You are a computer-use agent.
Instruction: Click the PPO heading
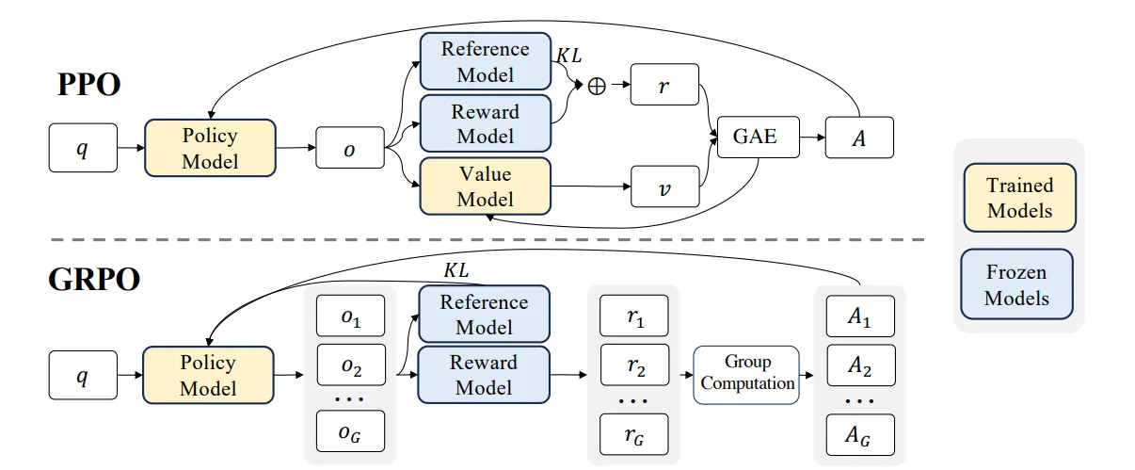pos(89,84)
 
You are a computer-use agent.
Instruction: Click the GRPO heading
pos(94,279)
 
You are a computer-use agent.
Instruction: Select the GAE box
pos(759,137)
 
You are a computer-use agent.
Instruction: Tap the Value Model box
pos(486,186)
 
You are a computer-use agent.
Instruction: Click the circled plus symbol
pos(597,86)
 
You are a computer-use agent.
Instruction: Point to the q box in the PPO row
pos(83,148)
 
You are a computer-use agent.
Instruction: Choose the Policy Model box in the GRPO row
pos(208,375)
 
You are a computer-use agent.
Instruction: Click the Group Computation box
pos(746,375)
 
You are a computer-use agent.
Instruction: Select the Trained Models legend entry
pos(1019,198)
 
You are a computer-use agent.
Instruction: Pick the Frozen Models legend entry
pos(1017,284)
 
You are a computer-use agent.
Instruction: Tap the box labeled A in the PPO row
pos(859,138)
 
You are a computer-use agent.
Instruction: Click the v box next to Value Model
pos(664,186)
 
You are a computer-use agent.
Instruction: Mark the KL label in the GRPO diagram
pos(456,270)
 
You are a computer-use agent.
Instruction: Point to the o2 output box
pos(351,365)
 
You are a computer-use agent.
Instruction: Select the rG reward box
pos(634,434)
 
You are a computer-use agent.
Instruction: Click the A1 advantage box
pos(860,316)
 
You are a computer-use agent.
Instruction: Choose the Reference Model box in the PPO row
pos(486,61)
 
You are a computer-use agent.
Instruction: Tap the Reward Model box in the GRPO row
pos(484,375)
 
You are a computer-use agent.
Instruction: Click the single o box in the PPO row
pos(349,148)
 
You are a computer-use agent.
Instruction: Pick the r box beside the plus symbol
pos(664,85)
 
